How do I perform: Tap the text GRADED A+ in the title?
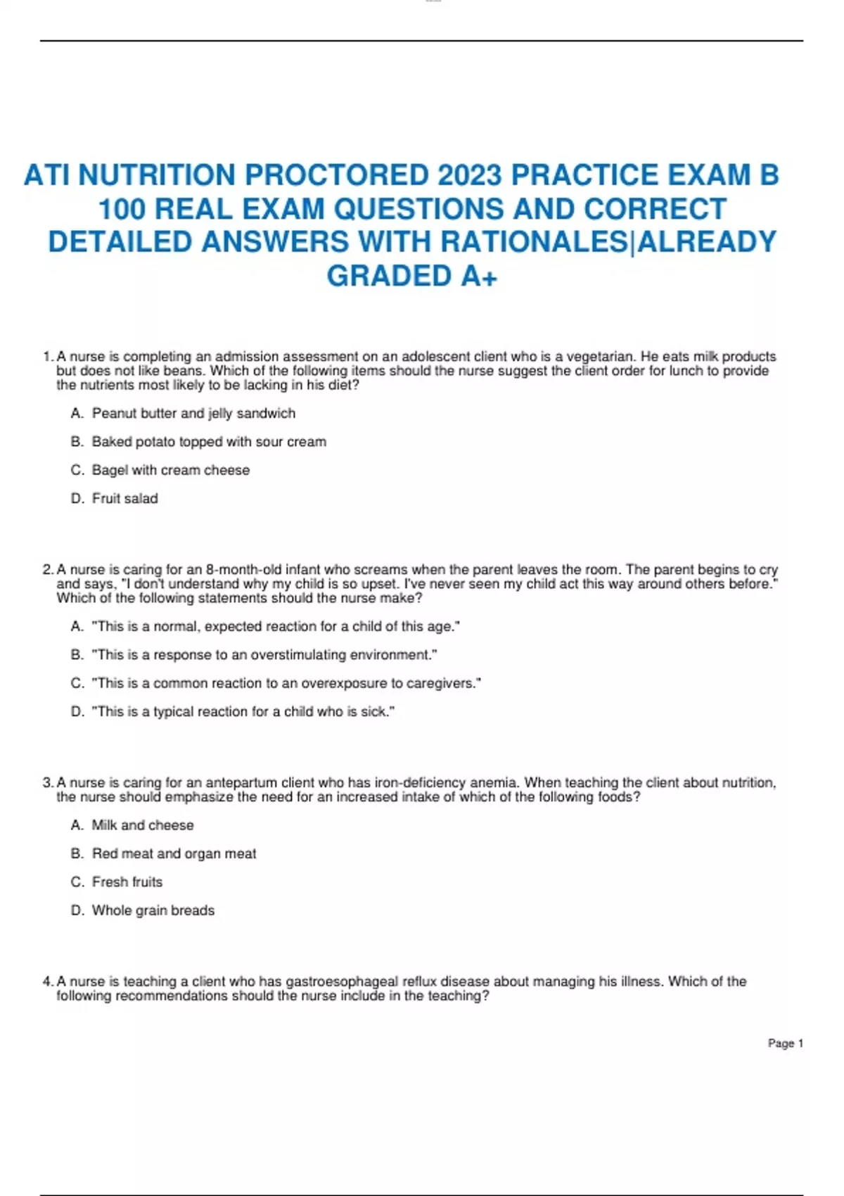(x=412, y=276)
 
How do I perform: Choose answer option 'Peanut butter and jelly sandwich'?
(x=193, y=414)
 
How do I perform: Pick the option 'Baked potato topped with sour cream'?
(x=209, y=442)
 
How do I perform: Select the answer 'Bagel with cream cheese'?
(x=171, y=470)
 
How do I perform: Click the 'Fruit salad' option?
(x=125, y=498)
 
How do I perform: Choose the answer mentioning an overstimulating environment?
(x=264, y=655)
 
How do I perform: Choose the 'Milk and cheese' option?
(x=143, y=825)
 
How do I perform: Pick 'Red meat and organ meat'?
(x=174, y=853)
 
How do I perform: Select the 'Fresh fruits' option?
(x=127, y=882)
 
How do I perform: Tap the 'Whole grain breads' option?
(x=153, y=910)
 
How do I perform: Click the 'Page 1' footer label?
(x=785, y=1043)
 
